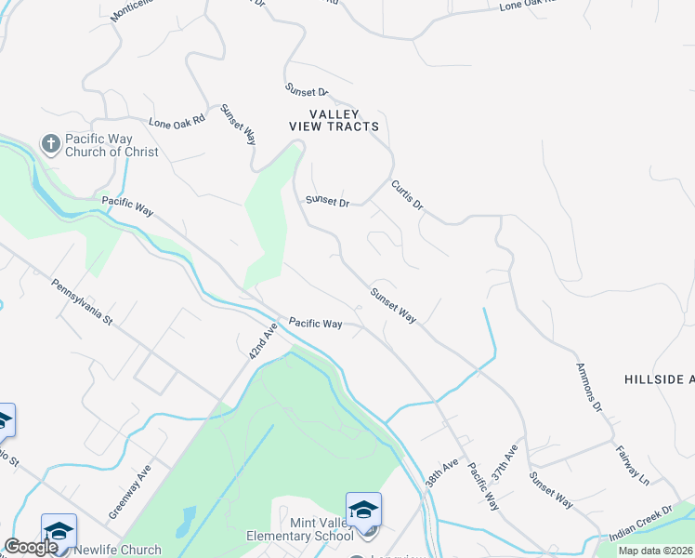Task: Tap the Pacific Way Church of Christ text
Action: tap(111, 145)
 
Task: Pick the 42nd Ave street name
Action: tap(264, 343)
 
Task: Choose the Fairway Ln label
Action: tap(632, 465)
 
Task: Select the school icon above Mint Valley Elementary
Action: tap(363, 510)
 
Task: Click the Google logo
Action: tap(31, 547)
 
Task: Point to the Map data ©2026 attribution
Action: tap(656, 551)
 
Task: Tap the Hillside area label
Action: tap(659, 379)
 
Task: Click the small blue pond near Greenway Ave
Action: tap(190, 517)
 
